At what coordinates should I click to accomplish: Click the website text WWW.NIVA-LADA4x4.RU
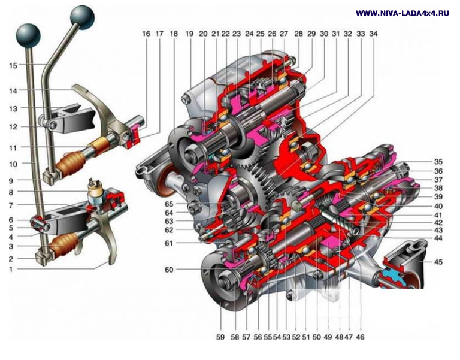(402, 13)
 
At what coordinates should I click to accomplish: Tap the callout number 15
(13, 65)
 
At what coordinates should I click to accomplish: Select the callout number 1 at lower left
(11, 269)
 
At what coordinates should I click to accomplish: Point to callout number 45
(438, 261)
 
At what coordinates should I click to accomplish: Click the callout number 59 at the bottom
(220, 337)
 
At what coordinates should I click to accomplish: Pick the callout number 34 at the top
(373, 34)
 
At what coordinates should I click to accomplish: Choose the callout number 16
(146, 34)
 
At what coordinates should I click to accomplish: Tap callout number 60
(169, 270)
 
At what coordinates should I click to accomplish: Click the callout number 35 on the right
(438, 162)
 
